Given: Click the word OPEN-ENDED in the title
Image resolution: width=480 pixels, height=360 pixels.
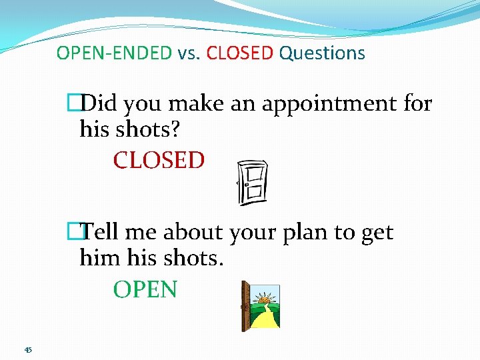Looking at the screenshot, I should (x=114, y=53).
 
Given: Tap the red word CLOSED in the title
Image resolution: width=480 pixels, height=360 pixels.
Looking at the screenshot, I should (x=240, y=53).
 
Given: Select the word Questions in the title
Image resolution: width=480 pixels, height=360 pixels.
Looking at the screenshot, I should (x=322, y=53).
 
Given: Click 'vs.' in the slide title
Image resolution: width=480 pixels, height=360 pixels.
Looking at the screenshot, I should (x=189, y=53).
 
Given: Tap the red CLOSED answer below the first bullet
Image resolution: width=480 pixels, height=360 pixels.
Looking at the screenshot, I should (x=159, y=161).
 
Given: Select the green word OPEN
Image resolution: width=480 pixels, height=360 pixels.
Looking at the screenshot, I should (x=145, y=290).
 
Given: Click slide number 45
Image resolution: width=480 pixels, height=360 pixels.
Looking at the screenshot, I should (x=28, y=349).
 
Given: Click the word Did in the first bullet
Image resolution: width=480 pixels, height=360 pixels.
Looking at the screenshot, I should (x=100, y=105).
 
